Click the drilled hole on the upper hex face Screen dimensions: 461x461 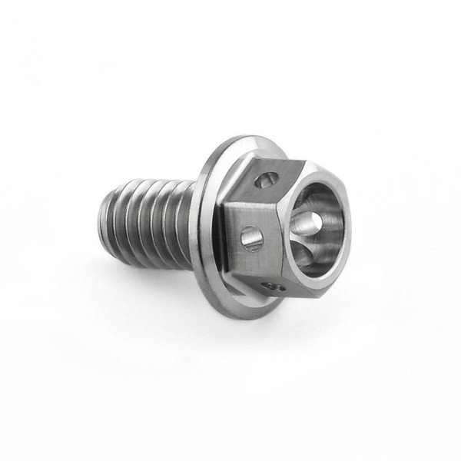pos(267,181)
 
